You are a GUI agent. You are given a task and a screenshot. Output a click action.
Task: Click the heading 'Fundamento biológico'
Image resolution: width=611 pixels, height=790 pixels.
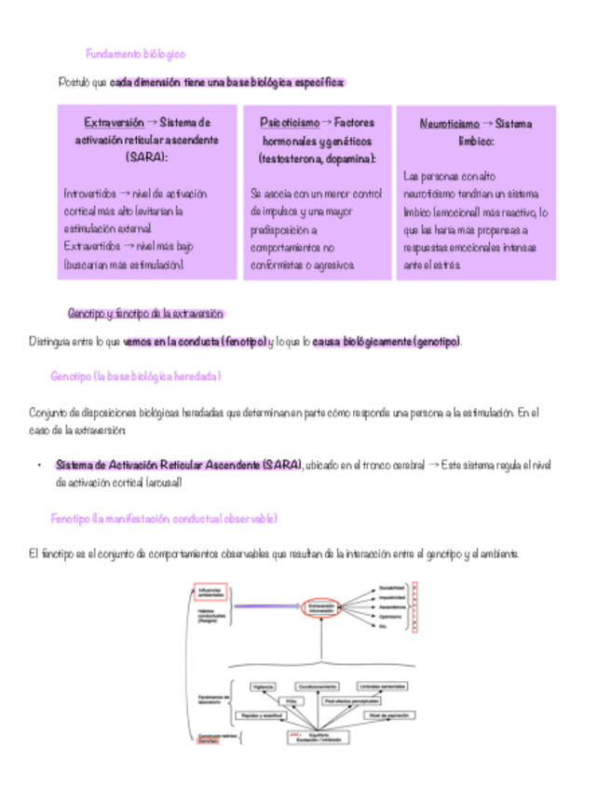point(136,54)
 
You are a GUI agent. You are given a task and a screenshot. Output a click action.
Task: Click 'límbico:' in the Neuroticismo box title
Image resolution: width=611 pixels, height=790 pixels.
point(475,141)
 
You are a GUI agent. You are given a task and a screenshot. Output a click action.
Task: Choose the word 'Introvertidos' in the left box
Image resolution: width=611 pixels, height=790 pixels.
point(90,194)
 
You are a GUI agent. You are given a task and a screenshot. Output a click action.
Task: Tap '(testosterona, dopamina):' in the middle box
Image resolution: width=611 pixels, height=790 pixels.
point(317,158)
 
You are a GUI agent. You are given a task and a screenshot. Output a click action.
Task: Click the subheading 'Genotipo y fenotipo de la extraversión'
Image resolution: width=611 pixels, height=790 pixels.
point(146,314)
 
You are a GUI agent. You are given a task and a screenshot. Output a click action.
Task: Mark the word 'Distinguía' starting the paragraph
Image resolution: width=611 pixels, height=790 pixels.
point(54,342)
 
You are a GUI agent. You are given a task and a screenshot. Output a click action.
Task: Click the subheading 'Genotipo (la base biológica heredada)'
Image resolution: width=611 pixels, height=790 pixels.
point(136,376)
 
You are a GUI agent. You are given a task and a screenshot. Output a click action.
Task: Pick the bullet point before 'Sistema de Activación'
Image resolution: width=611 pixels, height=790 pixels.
point(38,465)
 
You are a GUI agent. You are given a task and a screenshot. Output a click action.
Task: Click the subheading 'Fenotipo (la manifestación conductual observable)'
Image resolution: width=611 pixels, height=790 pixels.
point(163,518)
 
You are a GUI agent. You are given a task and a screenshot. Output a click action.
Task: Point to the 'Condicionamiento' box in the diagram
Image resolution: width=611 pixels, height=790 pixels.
point(318,686)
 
